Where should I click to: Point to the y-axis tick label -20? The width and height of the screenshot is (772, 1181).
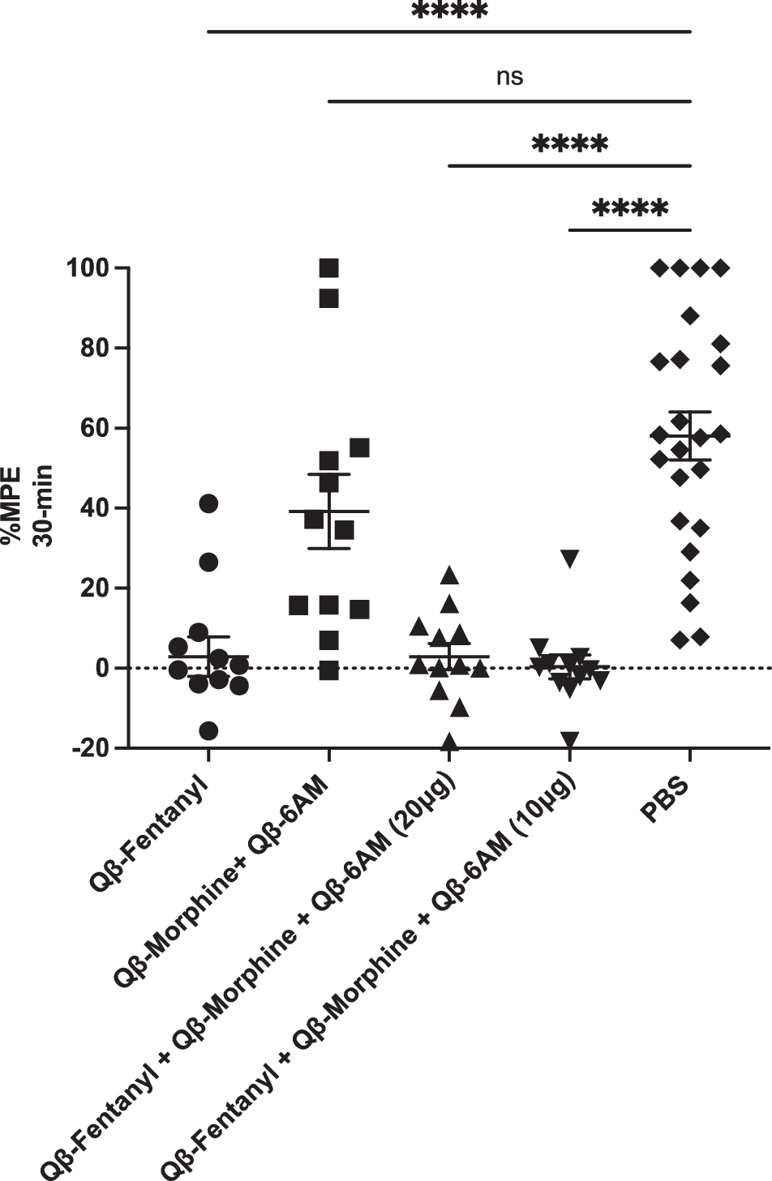(x=91, y=748)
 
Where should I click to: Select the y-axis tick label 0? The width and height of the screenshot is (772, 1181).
(x=102, y=668)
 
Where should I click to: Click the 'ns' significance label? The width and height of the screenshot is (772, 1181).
(x=509, y=78)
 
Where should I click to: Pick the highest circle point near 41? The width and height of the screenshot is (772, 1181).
(x=208, y=503)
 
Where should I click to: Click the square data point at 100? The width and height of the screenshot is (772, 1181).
(x=328, y=268)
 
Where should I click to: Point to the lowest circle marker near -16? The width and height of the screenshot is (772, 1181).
(x=208, y=731)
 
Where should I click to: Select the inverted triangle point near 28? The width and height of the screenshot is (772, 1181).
(x=569, y=558)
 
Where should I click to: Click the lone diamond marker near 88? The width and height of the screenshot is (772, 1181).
(x=690, y=316)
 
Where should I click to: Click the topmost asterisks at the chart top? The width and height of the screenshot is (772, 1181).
(x=449, y=11)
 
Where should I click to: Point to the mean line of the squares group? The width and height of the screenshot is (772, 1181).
(x=328, y=511)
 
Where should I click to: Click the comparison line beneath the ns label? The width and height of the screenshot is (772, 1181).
(x=509, y=101)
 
